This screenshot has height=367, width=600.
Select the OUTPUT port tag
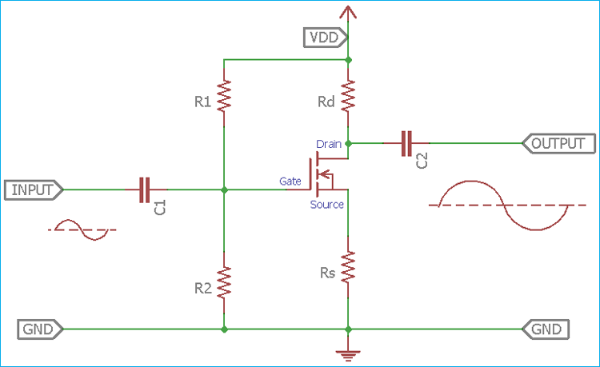[x=558, y=144]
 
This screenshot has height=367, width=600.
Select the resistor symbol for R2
[x=225, y=281]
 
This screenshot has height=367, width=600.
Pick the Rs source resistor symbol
[x=348, y=268]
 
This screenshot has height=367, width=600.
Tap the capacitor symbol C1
[x=144, y=190]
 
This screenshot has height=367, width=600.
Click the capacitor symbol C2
[x=406, y=144]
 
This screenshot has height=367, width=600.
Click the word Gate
[x=290, y=182]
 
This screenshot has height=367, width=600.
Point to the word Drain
[x=329, y=144]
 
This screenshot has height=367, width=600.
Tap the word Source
[x=326, y=205]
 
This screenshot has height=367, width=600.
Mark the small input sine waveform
[x=83, y=229]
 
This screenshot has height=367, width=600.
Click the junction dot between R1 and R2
[x=225, y=190]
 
